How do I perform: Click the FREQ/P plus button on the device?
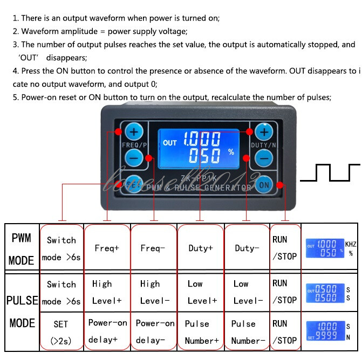coord(134,131)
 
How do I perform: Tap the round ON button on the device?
coord(264,184)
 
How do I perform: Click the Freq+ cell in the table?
coord(107,248)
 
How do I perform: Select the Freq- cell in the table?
coord(153,248)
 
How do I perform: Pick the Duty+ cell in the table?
coord(200,248)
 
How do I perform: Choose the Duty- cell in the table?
coord(247,248)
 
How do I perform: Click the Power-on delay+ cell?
coord(107,331)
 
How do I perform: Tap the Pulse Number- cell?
coord(248,331)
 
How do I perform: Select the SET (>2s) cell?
coord(60,332)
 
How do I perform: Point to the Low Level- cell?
coord(248,292)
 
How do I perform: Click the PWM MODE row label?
coord(21,249)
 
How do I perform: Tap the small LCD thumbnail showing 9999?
coord(325,331)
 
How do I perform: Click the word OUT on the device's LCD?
coord(170,143)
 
